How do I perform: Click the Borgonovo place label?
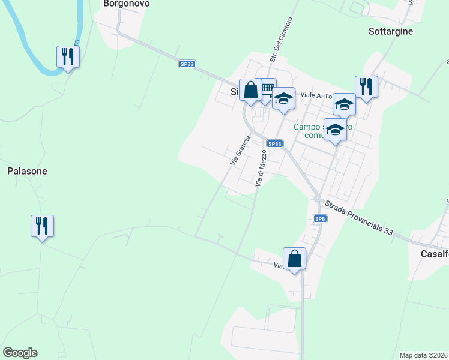[x=127, y=4]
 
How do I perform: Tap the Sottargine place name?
[x=390, y=31]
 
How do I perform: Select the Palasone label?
[x=27, y=171]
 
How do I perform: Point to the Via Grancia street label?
[x=240, y=151]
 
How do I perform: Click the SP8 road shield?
[x=320, y=220]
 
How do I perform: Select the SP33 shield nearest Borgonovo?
[x=187, y=64]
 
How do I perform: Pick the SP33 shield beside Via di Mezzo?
[x=274, y=144]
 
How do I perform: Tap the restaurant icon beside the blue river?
[x=67, y=57]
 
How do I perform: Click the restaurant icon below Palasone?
[x=42, y=226]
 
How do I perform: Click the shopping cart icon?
[x=267, y=89]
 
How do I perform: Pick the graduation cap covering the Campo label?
[x=335, y=129]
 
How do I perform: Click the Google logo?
[x=20, y=353]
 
